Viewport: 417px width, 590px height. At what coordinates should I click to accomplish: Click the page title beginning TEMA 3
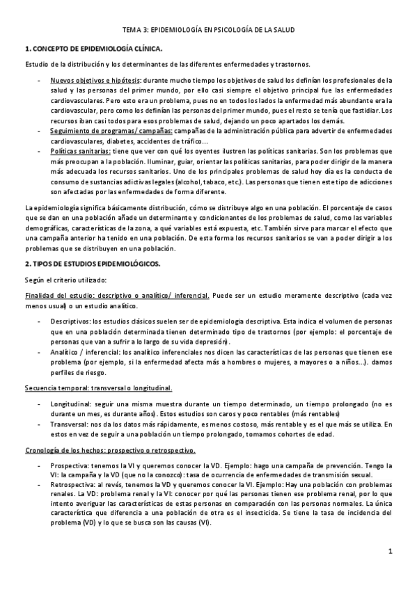(208, 29)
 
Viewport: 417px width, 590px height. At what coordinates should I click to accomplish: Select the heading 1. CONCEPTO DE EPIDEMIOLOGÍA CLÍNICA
(93, 49)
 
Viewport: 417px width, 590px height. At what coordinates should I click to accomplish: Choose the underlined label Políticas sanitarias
(79, 150)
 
